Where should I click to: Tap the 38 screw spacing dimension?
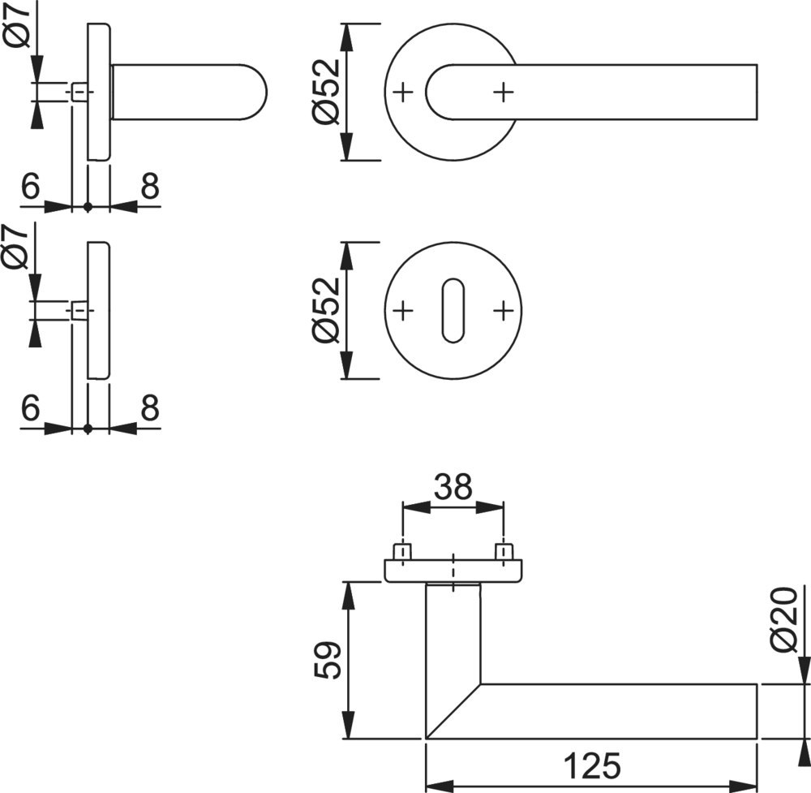pyautogui.click(x=453, y=487)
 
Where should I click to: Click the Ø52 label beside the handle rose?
pyautogui.click(x=326, y=92)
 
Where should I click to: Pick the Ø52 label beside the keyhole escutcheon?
pyautogui.click(x=326, y=310)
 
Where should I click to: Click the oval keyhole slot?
pyautogui.click(x=453, y=311)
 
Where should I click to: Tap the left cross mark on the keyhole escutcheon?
pyautogui.click(x=403, y=310)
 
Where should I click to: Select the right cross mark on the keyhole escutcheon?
pyautogui.click(x=504, y=310)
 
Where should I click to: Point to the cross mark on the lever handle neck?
pyautogui.click(x=504, y=92)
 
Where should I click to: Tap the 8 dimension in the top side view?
pyautogui.click(x=149, y=187)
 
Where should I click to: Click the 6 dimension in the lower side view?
pyautogui.click(x=30, y=408)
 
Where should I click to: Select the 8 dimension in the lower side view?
pyautogui.click(x=149, y=408)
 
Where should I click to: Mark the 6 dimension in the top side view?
pyautogui.click(x=30, y=187)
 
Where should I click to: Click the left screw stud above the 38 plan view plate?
pyautogui.click(x=401, y=552)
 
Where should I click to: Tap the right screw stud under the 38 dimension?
pyautogui.click(x=504, y=552)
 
